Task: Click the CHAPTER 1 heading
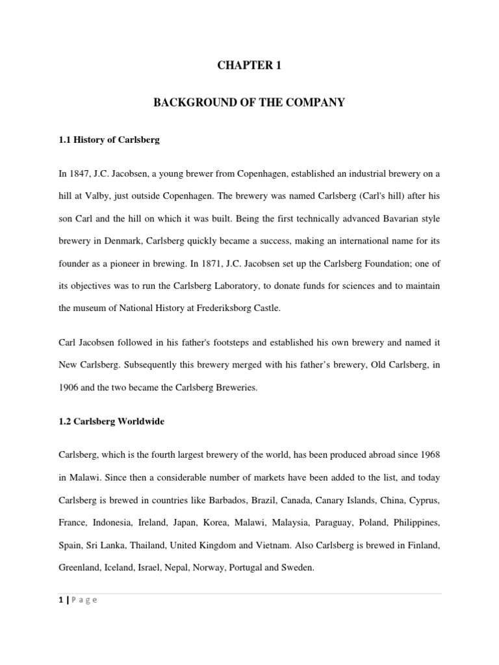pyautogui.click(x=249, y=65)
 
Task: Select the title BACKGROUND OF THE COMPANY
pyautogui.click(x=249, y=103)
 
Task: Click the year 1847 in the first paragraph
pyautogui.click(x=81, y=173)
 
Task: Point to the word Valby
pyautogui.click(x=107, y=195)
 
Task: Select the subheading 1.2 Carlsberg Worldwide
pyautogui.click(x=111, y=421)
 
